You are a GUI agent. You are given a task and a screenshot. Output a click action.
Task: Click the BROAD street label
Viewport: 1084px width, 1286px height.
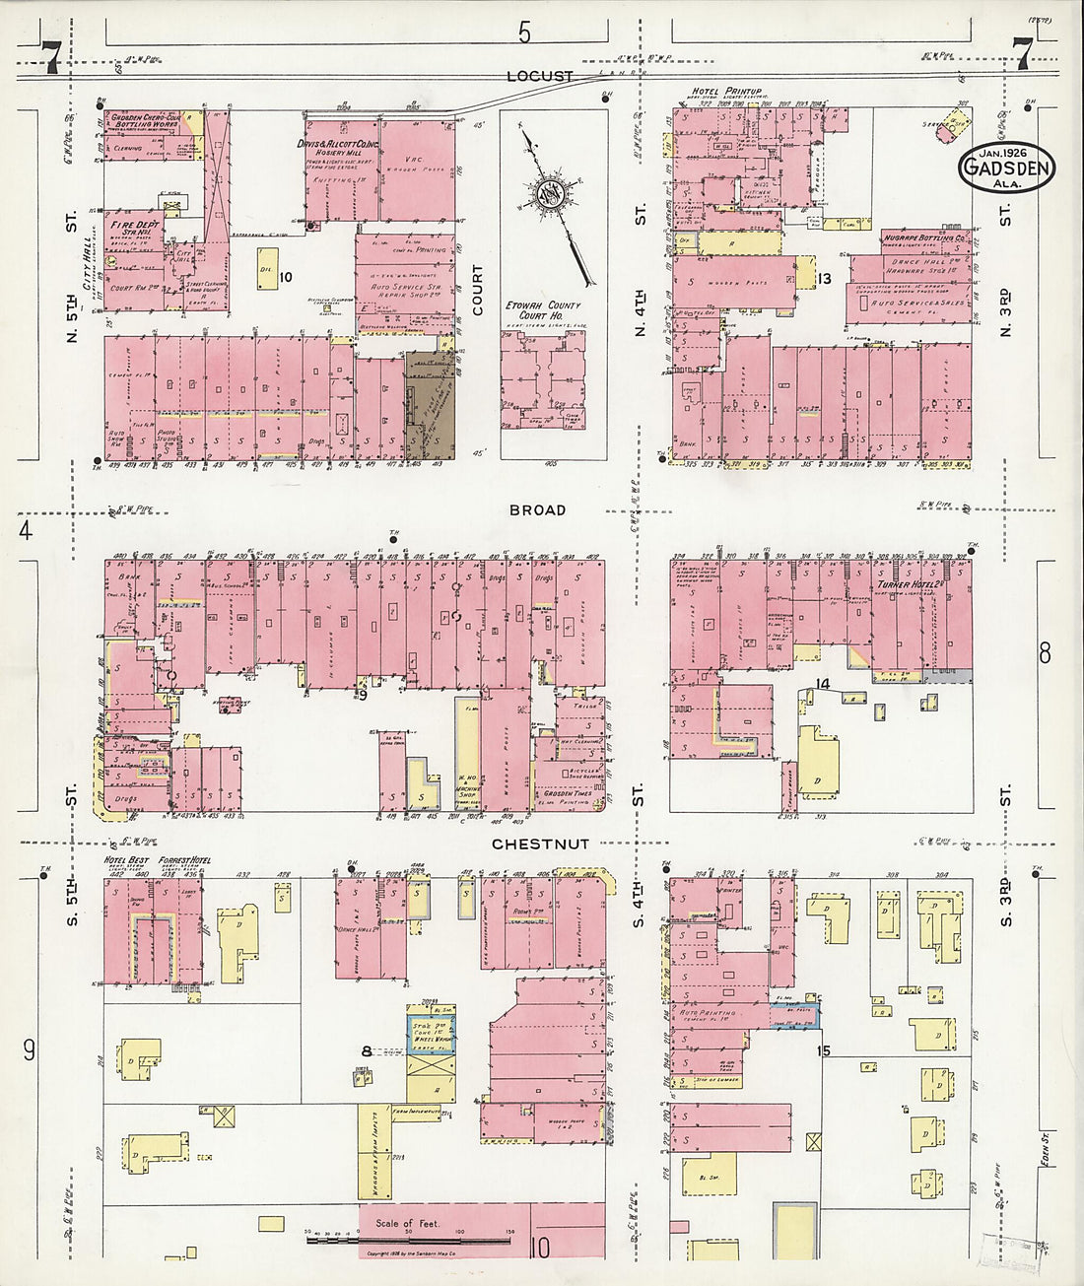(537, 509)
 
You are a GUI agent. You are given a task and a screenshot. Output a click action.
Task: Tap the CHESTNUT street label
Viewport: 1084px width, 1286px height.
(540, 844)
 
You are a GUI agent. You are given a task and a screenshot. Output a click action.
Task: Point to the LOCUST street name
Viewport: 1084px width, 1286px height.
(539, 76)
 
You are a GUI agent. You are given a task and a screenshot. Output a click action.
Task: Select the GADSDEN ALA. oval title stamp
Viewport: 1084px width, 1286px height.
(1005, 169)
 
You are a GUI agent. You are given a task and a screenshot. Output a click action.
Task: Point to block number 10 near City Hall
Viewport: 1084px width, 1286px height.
(286, 278)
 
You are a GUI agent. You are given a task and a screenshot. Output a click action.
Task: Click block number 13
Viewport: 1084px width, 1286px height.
(824, 279)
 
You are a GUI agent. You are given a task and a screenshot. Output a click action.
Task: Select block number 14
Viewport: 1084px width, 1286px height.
(824, 684)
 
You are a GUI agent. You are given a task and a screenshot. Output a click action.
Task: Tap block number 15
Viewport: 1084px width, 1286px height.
(824, 1050)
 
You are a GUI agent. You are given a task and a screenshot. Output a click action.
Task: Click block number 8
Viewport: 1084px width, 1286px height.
(366, 1051)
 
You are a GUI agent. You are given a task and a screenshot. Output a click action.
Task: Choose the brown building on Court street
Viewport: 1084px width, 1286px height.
(431, 404)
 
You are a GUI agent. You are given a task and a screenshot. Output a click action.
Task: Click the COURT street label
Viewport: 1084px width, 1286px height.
(478, 292)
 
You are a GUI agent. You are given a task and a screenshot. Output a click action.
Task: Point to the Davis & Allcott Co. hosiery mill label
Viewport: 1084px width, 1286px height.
(340, 146)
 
